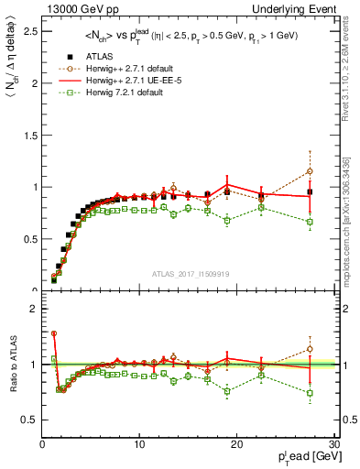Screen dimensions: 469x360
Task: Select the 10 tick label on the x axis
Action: tap(138, 444)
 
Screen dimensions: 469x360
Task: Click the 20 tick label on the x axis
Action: tap(236, 444)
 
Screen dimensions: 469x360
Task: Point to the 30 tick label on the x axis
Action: tap(333, 444)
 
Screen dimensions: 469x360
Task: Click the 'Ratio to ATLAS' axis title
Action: tap(11, 364)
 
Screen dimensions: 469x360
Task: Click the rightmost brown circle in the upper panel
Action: tap(310, 171)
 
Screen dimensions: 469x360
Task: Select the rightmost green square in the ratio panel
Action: tap(310, 393)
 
